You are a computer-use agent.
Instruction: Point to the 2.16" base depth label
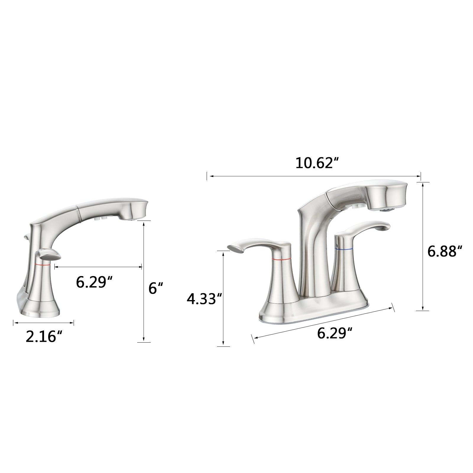point(44,336)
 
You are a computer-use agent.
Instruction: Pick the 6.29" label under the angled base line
point(335,333)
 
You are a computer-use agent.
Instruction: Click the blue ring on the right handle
point(344,250)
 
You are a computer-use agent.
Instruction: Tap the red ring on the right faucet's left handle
point(281,259)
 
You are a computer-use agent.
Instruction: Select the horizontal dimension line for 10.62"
point(313,176)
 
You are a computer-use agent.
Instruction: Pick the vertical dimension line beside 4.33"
point(223,299)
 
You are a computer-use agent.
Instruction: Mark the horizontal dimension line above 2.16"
point(43,323)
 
